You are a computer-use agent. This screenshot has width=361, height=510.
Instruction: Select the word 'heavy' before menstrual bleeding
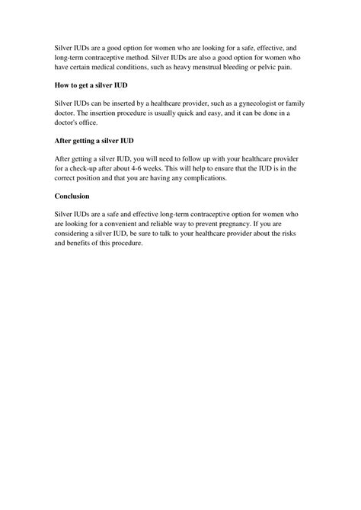(191, 68)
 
